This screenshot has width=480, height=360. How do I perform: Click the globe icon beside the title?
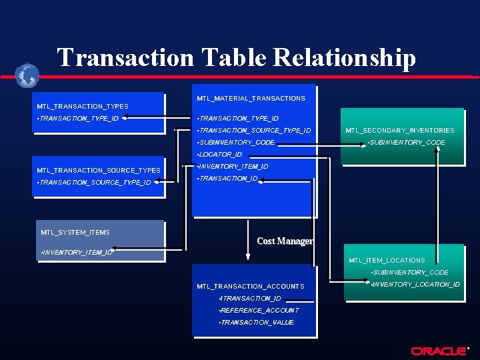(27, 75)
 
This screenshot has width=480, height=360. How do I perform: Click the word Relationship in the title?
(344, 58)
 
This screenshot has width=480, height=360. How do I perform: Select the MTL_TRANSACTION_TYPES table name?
(83, 106)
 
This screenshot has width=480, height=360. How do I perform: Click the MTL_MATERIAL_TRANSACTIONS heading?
(251, 99)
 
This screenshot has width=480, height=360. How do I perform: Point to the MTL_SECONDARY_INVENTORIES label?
(399, 131)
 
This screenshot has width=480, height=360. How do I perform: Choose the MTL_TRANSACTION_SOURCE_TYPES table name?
(99, 171)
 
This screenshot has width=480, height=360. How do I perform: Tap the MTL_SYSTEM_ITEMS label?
(75, 232)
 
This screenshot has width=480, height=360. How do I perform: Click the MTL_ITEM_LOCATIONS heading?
(387, 260)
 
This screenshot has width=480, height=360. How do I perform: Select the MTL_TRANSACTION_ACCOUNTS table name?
(250, 287)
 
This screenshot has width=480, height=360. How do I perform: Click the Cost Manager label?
(285, 241)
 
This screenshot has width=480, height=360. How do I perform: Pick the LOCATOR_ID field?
(220, 155)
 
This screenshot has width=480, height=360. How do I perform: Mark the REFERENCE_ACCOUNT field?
(259, 311)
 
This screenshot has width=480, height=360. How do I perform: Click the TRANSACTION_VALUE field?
(257, 323)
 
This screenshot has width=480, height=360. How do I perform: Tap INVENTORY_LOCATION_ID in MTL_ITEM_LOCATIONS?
(415, 285)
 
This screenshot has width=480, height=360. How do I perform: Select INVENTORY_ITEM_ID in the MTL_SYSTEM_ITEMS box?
(77, 253)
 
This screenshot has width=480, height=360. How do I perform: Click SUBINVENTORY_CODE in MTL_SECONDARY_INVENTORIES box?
(407, 143)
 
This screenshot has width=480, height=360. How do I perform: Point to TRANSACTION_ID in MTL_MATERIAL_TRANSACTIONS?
(228, 179)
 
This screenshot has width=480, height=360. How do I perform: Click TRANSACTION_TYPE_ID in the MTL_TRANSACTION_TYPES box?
(79, 119)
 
